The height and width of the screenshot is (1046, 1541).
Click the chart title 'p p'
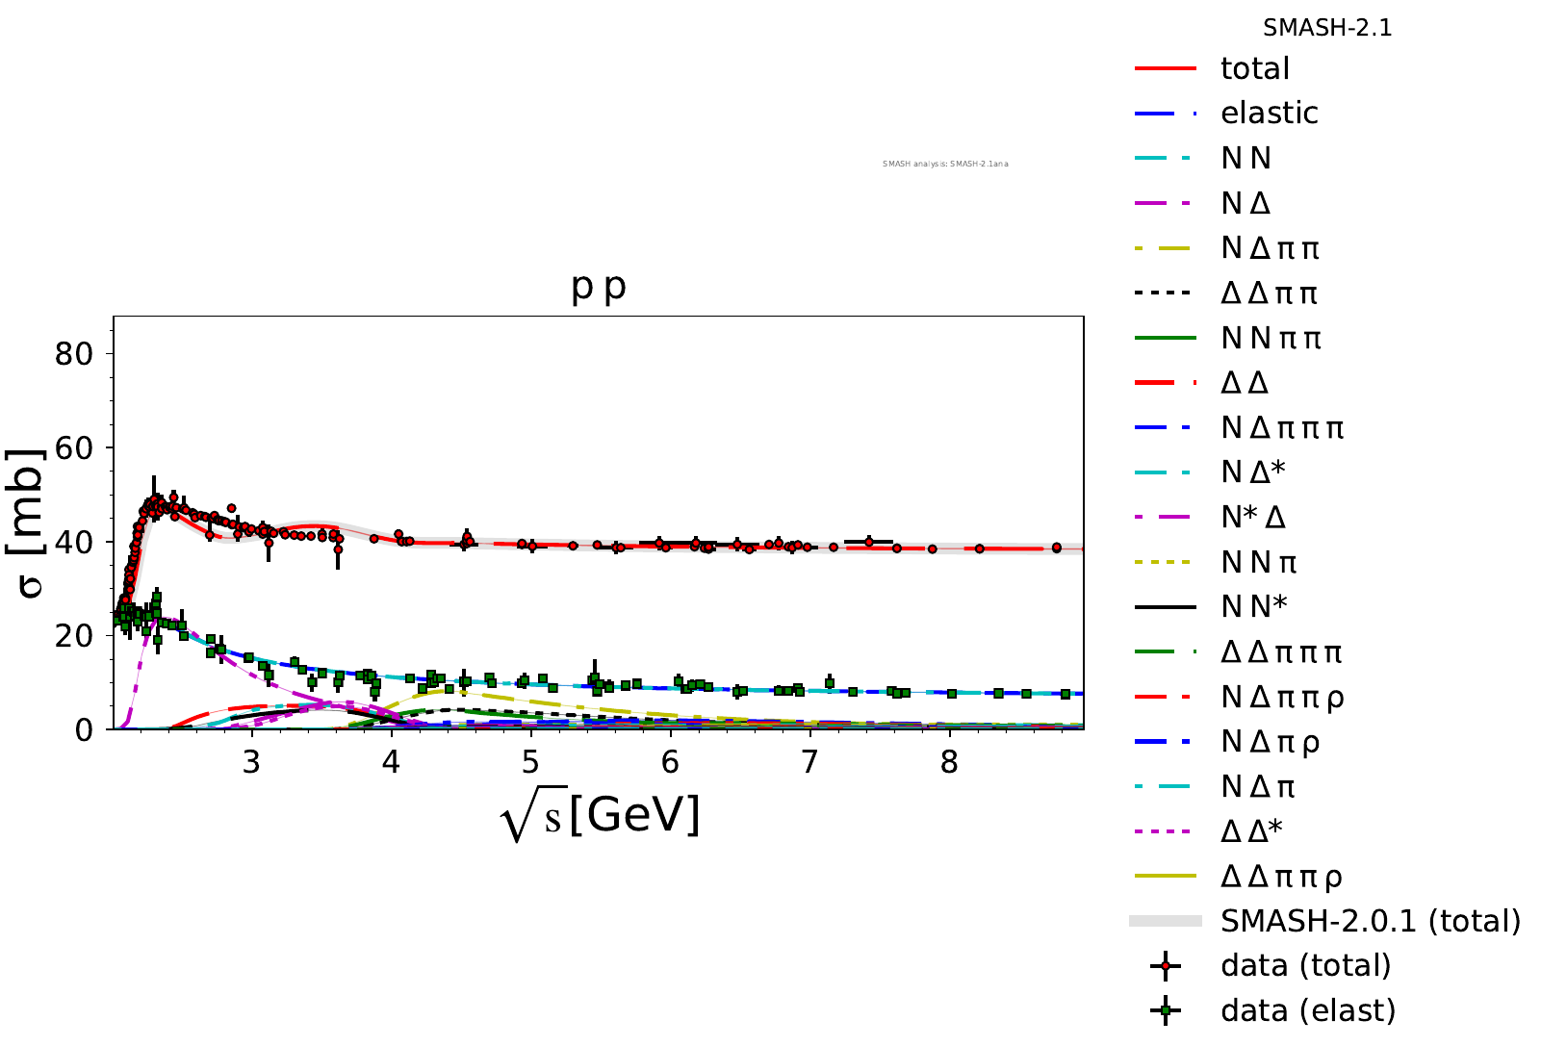599,286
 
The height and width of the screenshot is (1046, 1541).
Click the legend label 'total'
1254,68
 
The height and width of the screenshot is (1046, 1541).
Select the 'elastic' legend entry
1269,114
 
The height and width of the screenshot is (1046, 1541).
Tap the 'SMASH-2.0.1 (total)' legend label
1370,921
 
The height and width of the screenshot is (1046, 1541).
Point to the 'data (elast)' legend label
1307,1010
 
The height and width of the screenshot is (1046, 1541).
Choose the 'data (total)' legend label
1305,965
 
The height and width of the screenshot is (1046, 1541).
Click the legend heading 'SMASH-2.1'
1327,28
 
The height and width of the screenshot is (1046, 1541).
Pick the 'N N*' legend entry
1253,607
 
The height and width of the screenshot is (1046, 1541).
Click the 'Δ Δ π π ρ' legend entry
1280,877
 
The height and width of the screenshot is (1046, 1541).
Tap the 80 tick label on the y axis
73,354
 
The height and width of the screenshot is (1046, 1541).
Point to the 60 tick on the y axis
73,447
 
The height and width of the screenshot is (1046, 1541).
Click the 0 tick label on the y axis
84,730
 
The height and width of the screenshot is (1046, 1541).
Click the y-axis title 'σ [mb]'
29,523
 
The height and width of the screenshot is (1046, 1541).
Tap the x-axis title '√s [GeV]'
600,817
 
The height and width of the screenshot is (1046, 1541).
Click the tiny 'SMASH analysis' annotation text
945,164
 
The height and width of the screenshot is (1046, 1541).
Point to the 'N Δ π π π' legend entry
1281,427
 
